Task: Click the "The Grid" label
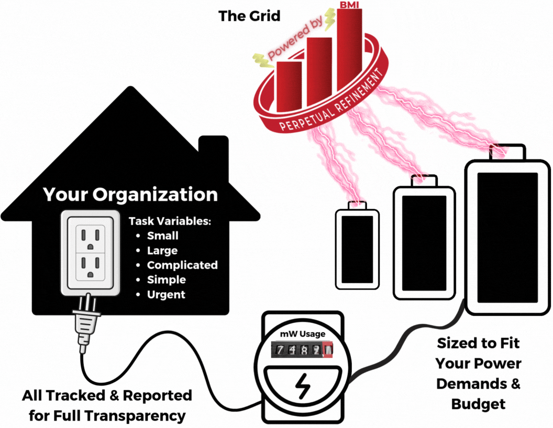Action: [x=249, y=16]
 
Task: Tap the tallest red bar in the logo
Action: [x=349, y=47]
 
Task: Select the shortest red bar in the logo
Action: [x=289, y=81]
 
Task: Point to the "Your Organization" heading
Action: [x=130, y=195]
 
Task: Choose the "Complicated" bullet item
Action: [x=182, y=265]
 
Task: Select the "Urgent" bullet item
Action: [x=166, y=294]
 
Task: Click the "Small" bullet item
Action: [x=162, y=236]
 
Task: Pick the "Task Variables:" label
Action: [x=170, y=221]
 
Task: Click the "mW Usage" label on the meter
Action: [x=302, y=334]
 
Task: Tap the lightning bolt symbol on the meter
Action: [x=302, y=387]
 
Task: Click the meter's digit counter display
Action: [x=302, y=349]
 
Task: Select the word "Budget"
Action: [x=478, y=404]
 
